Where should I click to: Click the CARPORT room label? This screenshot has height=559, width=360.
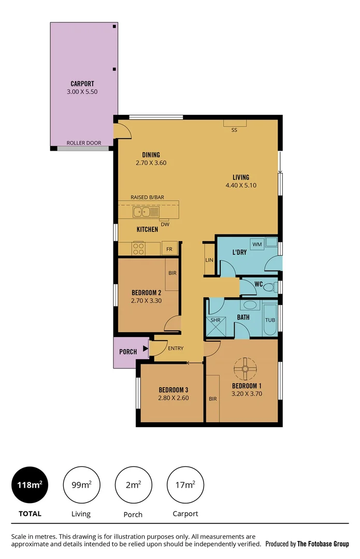click(x=82, y=83)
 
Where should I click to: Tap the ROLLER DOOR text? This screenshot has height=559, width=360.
click(x=83, y=143)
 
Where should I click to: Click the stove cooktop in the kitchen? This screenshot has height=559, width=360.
click(x=139, y=248)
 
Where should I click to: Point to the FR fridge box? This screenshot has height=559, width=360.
click(x=169, y=249)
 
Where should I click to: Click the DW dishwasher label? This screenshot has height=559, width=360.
click(x=165, y=224)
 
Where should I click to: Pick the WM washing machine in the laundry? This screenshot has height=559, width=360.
click(x=257, y=243)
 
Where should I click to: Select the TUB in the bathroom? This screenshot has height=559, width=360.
click(x=270, y=319)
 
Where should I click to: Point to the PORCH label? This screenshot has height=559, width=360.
click(x=128, y=352)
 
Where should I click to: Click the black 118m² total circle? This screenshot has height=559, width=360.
click(x=30, y=485)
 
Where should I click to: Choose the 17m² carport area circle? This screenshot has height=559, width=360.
click(x=185, y=485)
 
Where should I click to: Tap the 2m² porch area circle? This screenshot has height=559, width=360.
click(x=134, y=485)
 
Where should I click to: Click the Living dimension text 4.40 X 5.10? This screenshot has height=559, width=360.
click(x=241, y=185)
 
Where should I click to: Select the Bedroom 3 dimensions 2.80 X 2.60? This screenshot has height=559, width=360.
click(x=174, y=398)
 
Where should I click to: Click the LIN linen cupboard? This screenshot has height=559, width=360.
click(x=209, y=260)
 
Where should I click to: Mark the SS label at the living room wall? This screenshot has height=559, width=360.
click(x=234, y=130)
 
